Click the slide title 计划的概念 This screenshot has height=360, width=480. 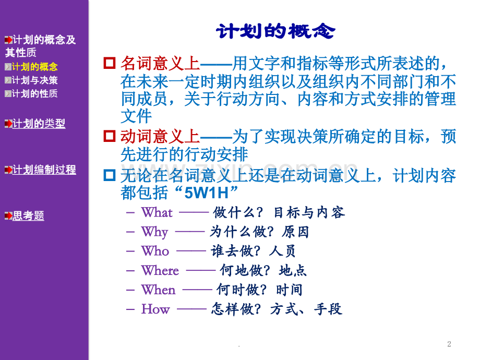click(x=275, y=31)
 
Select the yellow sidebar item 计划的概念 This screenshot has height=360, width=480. click(x=34, y=67)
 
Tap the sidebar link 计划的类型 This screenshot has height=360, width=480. click(x=39, y=123)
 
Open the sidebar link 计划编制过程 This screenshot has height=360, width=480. click(x=44, y=170)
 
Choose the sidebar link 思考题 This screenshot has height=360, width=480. click(x=28, y=215)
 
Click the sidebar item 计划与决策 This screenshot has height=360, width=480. click(x=34, y=80)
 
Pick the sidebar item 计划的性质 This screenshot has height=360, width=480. click(x=34, y=93)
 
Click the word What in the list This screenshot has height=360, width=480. click(x=157, y=212)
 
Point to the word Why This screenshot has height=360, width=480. click(x=154, y=232)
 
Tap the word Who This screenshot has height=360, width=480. click(x=155, y=251)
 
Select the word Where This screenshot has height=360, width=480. click(x=160, y=270)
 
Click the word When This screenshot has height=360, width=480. click(x=158, y=290)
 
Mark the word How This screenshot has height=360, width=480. click(x=155, y=309)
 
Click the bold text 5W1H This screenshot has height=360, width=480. click(x=207, y=193)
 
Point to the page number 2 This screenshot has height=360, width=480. click(x=449, y=344)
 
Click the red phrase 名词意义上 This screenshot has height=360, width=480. click(x=160, y=63)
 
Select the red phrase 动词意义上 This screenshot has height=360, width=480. click(x=160, y=136)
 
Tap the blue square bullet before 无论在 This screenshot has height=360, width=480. click(x=110, y=175)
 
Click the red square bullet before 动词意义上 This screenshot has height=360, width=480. click(x=110, y=136)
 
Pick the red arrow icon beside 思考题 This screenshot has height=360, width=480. click(x=8, y=216)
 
